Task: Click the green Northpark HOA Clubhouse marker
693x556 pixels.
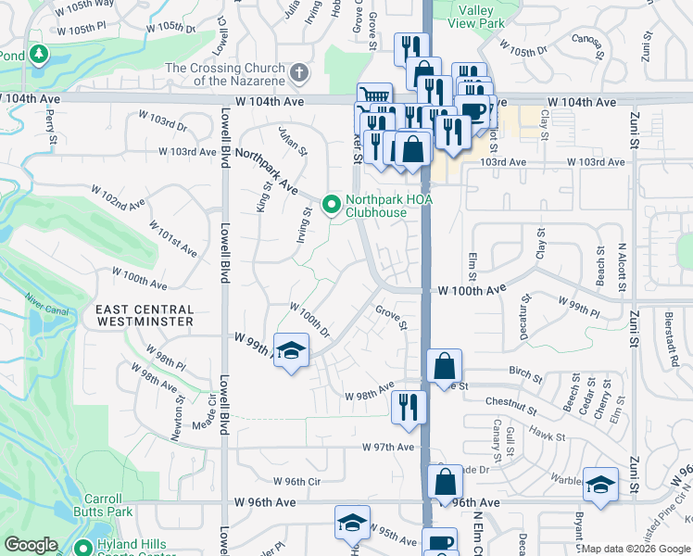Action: [330, 205]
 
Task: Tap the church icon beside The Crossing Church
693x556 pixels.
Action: [298, 72]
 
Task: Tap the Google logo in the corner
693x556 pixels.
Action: [31, 545]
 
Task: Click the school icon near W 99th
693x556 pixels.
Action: [291, 351]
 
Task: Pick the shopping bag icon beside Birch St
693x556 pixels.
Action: [445, 364]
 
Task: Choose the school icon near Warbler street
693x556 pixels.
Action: [600, 485]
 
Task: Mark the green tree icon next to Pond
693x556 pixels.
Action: [39, 55]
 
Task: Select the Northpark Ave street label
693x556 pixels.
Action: [266, 171]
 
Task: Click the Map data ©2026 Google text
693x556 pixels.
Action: [635, 548]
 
